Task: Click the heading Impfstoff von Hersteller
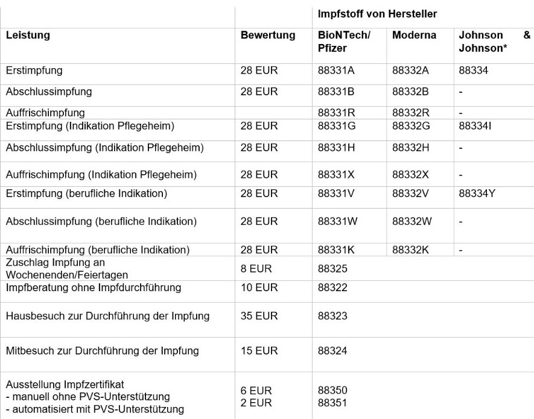[377, 14]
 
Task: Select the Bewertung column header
[268, 36]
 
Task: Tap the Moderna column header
[414, 36]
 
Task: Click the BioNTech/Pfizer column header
[343, 42]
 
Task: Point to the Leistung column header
[28, 36]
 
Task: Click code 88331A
[336, 71]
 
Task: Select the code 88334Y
[482, 194]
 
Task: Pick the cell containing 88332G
[411, 127]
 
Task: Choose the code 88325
[332, 269]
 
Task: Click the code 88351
[332, 403]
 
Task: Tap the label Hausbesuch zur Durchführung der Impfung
[107, 316]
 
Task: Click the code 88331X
[336, 175]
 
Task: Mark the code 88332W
[412, 222]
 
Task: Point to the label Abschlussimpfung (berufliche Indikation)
[101, 222]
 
